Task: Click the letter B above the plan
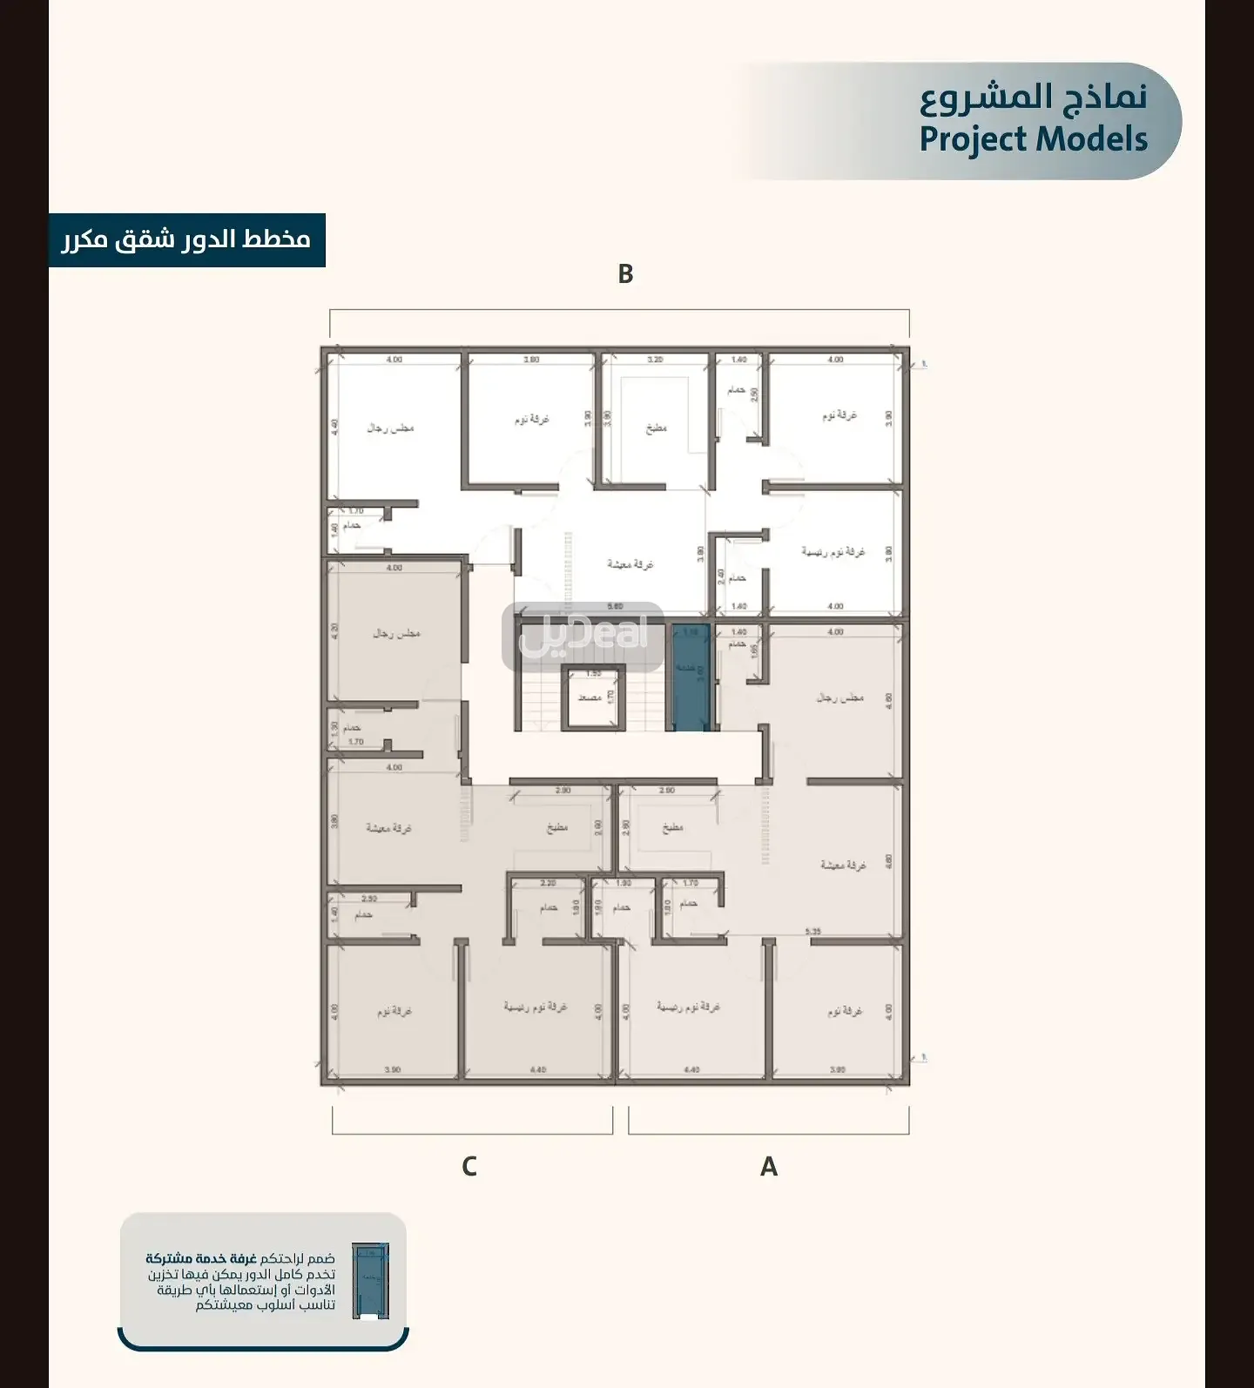click(x=625, y=273)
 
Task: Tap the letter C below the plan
click(x=469, y=1166)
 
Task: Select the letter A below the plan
click(x=768, y=1166)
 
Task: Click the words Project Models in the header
click(x=1033, y=139)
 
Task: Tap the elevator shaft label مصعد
click(x=590, y=697)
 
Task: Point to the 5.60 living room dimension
click(x=615, y=607)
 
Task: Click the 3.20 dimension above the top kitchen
click(x=655, y=360)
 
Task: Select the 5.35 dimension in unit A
click(x=812, y=932)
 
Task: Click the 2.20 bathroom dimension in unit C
click(x=548, y=883)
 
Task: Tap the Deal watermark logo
click(x=583, y=636)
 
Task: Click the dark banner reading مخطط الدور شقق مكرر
click(x=186, y=239)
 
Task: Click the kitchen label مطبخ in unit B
click(x=657, y=428)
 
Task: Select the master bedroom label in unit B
click(x=833, y=552)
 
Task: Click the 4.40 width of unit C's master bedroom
click(x=537, y=1069)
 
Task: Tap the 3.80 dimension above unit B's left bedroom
click(x=531, y=360)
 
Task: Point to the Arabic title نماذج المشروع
click(x=1033, y=98)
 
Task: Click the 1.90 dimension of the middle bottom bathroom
click(x=624, y=883)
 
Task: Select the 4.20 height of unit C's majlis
click(x=334, y=632)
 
